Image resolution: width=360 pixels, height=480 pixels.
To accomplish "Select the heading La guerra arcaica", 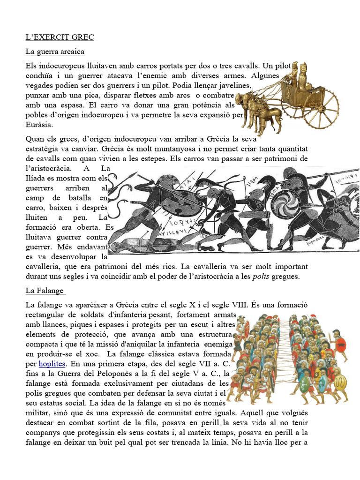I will [x=55, y=52].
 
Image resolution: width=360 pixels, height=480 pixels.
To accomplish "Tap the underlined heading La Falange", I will [x=45, y=291].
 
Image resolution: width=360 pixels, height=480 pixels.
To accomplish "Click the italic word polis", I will [x=262, y=277].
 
